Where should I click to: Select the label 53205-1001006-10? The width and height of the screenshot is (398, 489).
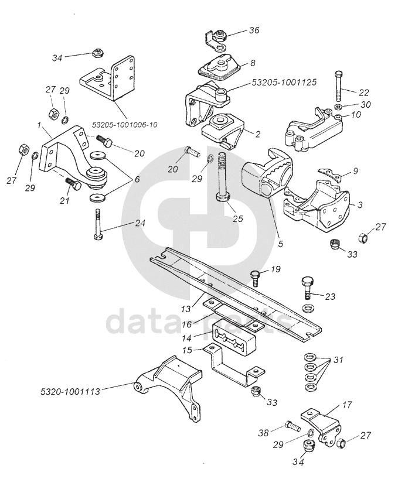click(x=125, y=125)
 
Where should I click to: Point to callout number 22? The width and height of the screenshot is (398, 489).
click(x=364, y=92)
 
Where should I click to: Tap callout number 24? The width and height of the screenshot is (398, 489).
click(x=140, y=223)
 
